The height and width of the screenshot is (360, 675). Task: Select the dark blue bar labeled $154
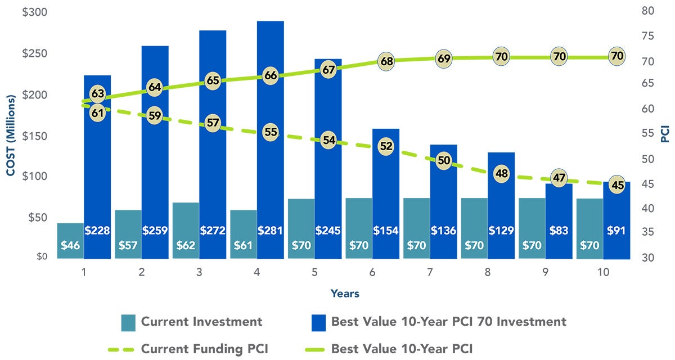pyautogui.click(x=386, y=191)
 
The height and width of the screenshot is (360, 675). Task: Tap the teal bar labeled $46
pyautogui.click(x=70, y=241)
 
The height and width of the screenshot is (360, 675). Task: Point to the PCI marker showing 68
pyautogui.click(x=386, y=61)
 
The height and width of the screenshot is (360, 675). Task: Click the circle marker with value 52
pyautogui.click(x=386, y=146)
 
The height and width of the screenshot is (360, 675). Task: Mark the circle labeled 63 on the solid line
pyautogui.click(x=98, y=93)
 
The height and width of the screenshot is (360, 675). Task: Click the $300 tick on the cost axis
pyautogui.click(x=34, y=12)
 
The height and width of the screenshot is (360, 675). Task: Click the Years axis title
pyautogui.click(x=345, y=294)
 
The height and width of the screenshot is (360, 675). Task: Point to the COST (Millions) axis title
pyautogui.click(x=11, y=136)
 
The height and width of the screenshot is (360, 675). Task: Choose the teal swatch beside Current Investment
pyautogui.click(x=128, y=322)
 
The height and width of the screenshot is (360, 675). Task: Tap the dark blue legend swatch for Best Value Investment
pyautogui.click(x=318, y=322)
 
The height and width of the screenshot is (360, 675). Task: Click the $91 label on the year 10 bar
pyautogui.click(x=616, y=231)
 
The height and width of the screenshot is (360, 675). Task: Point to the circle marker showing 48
pyautogui.click(x=501, y=173)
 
